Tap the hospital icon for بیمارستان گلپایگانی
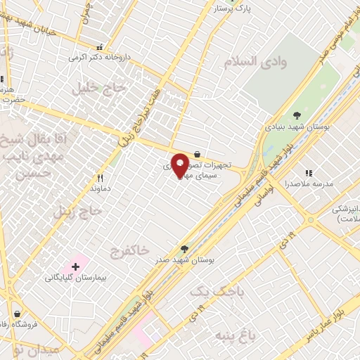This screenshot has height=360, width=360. (75, 266)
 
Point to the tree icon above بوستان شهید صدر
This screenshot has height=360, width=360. (184, 248)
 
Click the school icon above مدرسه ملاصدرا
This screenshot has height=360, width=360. (308, 172)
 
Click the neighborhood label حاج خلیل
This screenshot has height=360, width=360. (98, 88)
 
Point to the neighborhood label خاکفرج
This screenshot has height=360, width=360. (130, 250)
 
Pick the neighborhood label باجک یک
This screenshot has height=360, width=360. (211, 290)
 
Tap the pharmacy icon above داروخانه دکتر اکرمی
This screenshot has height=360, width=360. (100, 47)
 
